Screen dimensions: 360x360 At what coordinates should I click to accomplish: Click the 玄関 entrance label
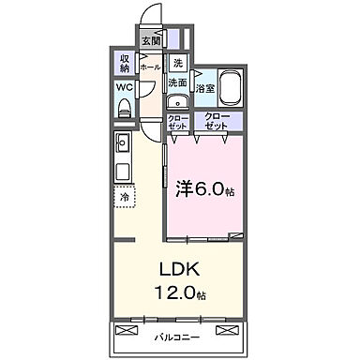(x=151, y=40)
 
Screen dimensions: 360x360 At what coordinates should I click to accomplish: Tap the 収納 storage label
(x=125, y=64)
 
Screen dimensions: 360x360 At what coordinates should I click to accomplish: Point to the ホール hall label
(x=150, y=67)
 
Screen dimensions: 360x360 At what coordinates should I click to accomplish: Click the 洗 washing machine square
(x=177, y=64)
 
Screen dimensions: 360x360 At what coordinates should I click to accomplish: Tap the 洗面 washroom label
(x=176, y=82)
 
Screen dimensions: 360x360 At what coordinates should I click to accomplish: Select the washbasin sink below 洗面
(x=176, y=102)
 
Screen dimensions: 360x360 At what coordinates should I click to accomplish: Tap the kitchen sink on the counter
(x=123, y=145)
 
